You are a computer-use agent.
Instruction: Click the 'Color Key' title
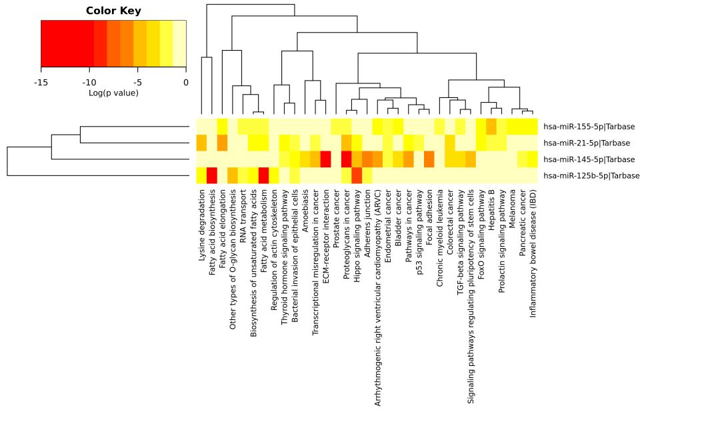[x=113, y=11]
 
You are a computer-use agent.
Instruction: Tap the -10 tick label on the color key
[x=89, y=83]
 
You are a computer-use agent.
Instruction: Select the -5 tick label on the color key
[x=137, y=83]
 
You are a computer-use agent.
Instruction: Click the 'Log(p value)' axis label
[x=113, y=93]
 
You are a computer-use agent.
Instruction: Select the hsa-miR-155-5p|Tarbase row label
[x=589, y=127]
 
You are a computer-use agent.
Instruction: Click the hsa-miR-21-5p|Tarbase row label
[x=587, y=143]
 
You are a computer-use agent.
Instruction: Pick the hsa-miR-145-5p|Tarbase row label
[x=589, y=160]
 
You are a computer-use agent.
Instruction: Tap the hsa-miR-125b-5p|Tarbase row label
[x=591, y=176]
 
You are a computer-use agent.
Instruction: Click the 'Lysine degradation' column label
[x=201, y=225]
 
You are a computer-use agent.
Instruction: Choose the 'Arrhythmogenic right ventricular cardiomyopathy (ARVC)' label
[x=377, y=298]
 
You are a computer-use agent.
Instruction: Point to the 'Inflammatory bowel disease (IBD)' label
[x=533, y=253]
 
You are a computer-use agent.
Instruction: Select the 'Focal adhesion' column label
[x=429, y=213]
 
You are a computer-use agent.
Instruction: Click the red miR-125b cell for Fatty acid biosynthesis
[x=212, y=175]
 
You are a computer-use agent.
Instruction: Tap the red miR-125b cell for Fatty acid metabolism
[x=263, y=175]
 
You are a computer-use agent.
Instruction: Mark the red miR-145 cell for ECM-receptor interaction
[x=325, y=159]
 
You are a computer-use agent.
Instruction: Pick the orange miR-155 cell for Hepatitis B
[x=491, y=127]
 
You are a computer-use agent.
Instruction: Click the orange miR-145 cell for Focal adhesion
[x=429, y=159]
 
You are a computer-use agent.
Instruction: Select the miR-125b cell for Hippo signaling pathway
[x=357, y=175]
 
